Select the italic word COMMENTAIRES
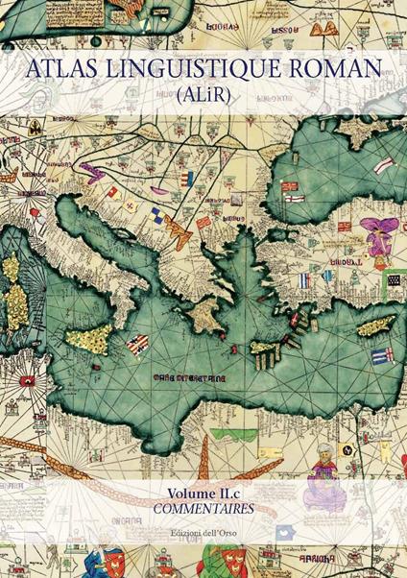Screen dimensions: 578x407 coord(203,509)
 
